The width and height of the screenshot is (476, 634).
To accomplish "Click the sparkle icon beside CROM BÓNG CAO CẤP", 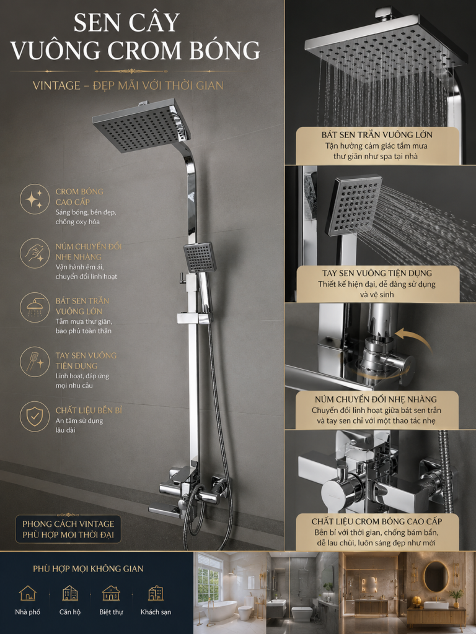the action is click(x=34, y=199).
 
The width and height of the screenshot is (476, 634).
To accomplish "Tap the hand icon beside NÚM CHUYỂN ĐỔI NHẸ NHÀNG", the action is click(x=35, y=253).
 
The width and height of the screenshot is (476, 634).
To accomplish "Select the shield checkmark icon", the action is click(x=34, y=416).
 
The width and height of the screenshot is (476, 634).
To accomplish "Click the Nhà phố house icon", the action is click(x=28, y=593).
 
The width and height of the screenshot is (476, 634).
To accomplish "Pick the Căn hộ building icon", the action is click(x=70, y=593).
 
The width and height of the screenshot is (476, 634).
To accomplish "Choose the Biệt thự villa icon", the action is click(x=112, y=593).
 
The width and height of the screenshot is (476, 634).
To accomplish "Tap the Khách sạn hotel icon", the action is click(x=156, y=593).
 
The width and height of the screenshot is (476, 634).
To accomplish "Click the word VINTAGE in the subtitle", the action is click(x=56, y=85).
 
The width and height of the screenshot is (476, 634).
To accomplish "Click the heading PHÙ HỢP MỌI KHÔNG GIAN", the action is click(x=88, y=568).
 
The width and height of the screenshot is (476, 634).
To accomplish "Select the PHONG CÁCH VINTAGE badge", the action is click(x=68, y=529).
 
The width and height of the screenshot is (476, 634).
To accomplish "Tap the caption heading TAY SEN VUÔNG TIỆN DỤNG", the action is click(x=377, y=273).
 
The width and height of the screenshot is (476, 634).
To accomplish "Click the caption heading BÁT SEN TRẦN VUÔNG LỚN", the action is click(x=377, y=135).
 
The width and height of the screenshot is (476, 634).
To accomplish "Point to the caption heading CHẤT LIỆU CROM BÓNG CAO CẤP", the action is click(x=377, y=521).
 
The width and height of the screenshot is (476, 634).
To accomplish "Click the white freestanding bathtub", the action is click(x=219, y=610).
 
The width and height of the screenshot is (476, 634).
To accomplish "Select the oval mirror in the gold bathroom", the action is click(x=436, y=577).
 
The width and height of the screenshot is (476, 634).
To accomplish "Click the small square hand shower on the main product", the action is click(x=200, y=257).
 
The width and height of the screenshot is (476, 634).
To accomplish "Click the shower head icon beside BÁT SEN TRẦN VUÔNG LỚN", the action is click(x=35, y=307).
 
